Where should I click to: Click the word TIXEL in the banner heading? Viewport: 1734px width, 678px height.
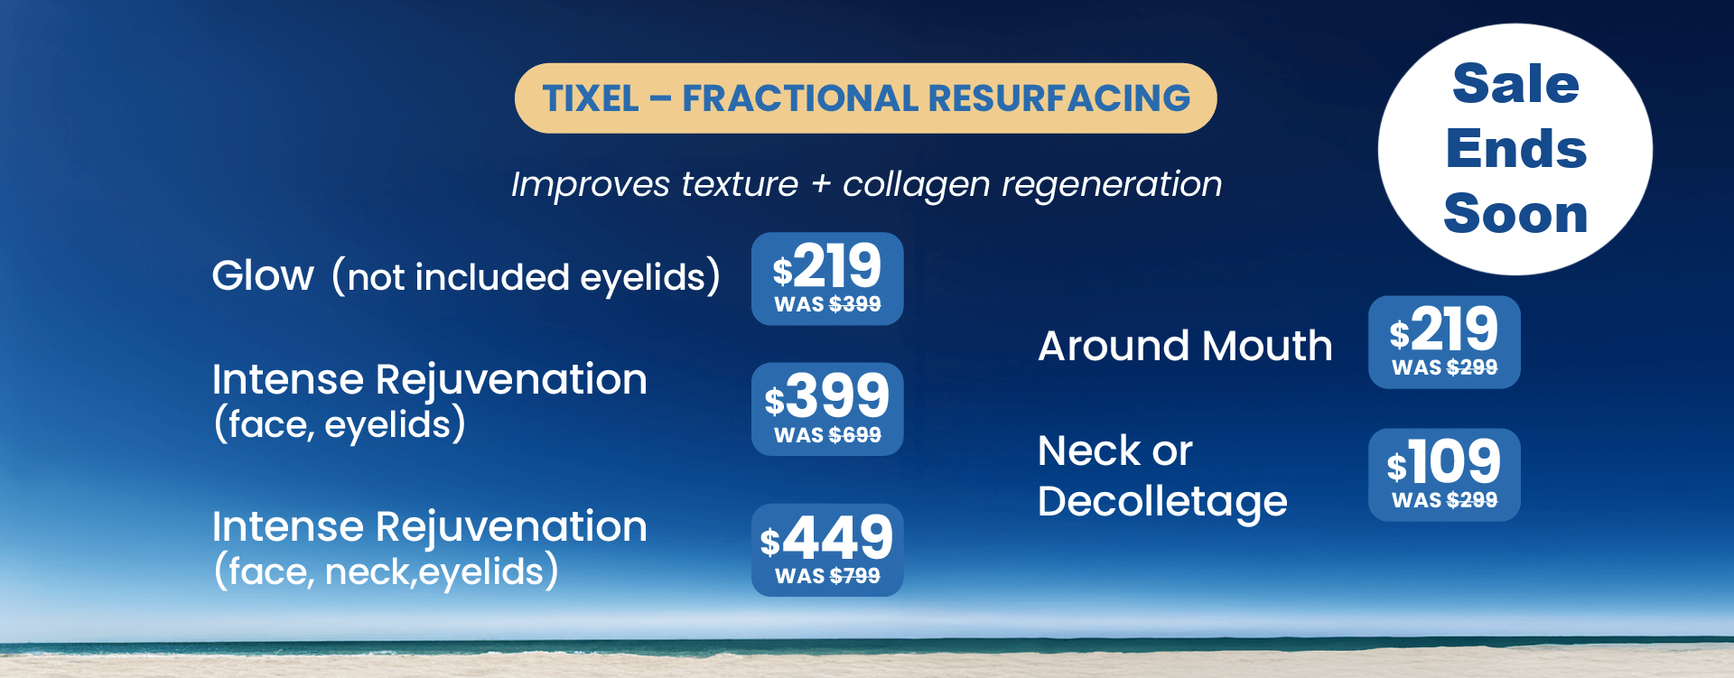[x=591, y=98]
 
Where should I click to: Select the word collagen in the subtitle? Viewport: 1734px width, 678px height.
[x=916, y=185]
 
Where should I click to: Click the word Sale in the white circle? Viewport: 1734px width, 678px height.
[x=1515, y=84]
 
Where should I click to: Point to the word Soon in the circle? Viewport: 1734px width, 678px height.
[x=1515, y=214]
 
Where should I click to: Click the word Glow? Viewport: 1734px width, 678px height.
[x=263, y=275]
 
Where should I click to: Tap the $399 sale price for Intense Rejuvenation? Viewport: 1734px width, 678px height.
[x=827, y=395]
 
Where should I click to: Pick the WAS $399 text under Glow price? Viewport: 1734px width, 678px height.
[x=827, y=304]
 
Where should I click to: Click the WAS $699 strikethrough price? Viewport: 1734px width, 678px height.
[x=827, y=435]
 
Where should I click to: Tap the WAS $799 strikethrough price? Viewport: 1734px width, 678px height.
[x=827, y=576]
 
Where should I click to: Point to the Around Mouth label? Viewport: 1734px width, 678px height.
[x=1185, y=346]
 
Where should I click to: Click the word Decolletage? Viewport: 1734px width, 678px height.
[x=1162, y=502]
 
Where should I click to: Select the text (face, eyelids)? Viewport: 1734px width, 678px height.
[x=340, y=424]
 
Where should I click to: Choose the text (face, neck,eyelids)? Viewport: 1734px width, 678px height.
[x=386, y=571]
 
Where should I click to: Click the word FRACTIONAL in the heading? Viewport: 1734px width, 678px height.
[x=799, y=98]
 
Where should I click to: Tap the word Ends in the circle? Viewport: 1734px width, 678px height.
[x=1516, y=149]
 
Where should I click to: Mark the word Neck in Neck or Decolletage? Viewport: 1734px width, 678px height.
[x=1089, y=451]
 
